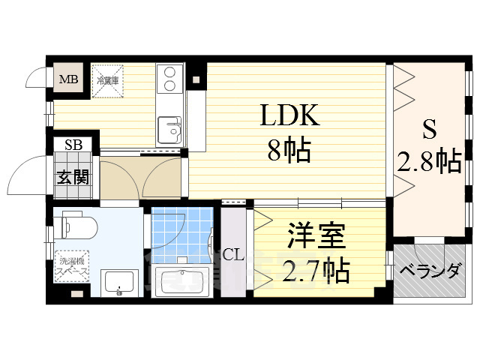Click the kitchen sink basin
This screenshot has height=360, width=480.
point(170,130)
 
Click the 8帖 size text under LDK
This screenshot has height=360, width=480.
point(289,152)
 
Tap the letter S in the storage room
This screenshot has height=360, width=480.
point(429,130)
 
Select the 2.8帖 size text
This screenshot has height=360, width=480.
point(429,160)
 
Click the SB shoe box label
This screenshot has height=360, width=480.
point(73,145)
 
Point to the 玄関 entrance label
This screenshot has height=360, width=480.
point(73,178)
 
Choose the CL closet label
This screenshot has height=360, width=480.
point(233,255)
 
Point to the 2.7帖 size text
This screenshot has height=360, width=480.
point(315,270)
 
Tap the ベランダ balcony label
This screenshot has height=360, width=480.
point(429,271)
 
